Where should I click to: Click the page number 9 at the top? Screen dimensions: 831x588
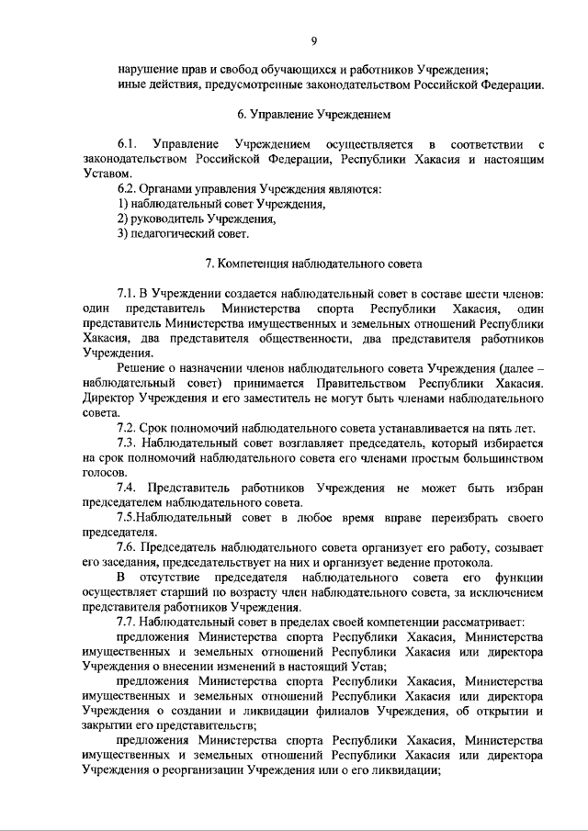[x=314, y=40]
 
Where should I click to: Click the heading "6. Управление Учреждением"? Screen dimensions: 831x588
[x=315, y=116]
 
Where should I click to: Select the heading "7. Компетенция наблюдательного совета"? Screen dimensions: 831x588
[x=314, y=264]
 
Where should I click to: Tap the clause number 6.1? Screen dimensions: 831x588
[x=127, y=145]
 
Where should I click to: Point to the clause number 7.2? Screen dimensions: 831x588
[x=127, y=427]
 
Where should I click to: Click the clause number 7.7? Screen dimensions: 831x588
[x=127, y=621]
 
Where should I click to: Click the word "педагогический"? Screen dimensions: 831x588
[x=172, y=234]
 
